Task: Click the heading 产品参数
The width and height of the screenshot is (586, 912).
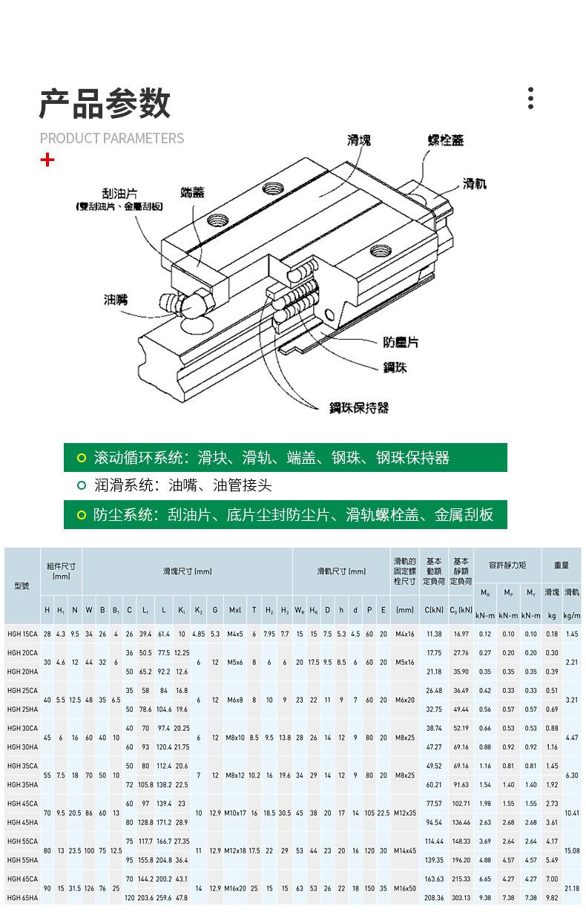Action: [x=105, y=103]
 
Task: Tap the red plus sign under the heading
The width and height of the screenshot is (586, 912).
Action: [x=47, y=160]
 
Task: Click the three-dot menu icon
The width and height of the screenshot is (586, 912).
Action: [x=530, y=98]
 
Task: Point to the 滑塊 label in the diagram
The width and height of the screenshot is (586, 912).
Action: [x=359, y=140]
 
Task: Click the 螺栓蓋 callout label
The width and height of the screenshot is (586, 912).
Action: [x=446, y=140]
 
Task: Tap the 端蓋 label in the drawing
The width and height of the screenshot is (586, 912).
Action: [x=192, y=192]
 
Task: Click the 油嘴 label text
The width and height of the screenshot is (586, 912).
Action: [x=115, y=300]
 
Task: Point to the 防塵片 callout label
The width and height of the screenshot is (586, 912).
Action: [x=401, y=342]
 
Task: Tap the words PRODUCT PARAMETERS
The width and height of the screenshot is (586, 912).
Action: [x=112, y=138]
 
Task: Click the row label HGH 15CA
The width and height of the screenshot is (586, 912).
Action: [x=22, y=634]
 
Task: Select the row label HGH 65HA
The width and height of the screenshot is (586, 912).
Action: [x=22, y=897]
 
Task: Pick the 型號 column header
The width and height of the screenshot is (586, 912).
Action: [x=22, y=585]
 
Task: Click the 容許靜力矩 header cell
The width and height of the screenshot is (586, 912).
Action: [x=507, y=565]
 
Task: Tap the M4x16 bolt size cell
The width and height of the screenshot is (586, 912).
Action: [x=404, y=634]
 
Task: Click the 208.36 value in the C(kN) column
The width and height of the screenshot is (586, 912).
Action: [x=434, y=897]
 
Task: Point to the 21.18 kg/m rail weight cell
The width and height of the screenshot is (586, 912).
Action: [x=571, y=888]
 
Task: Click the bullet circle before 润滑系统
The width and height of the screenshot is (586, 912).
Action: [x=82, y=486]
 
